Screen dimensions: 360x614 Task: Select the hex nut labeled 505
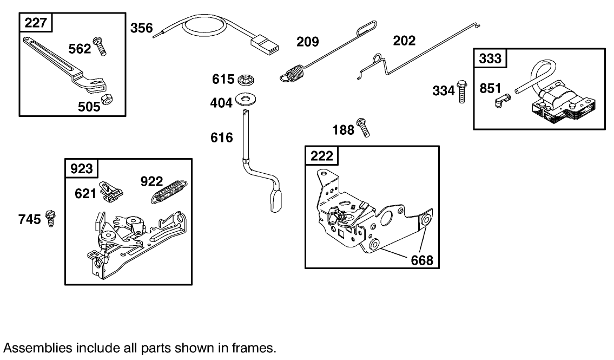pos(107,100)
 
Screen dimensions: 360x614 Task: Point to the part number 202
pos(405,41)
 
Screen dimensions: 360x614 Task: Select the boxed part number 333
pos(490,58)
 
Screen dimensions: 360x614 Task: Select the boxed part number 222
pos(321,156)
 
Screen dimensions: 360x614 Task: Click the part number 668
pos(422,260)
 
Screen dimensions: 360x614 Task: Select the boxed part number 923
pos(82,169)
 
